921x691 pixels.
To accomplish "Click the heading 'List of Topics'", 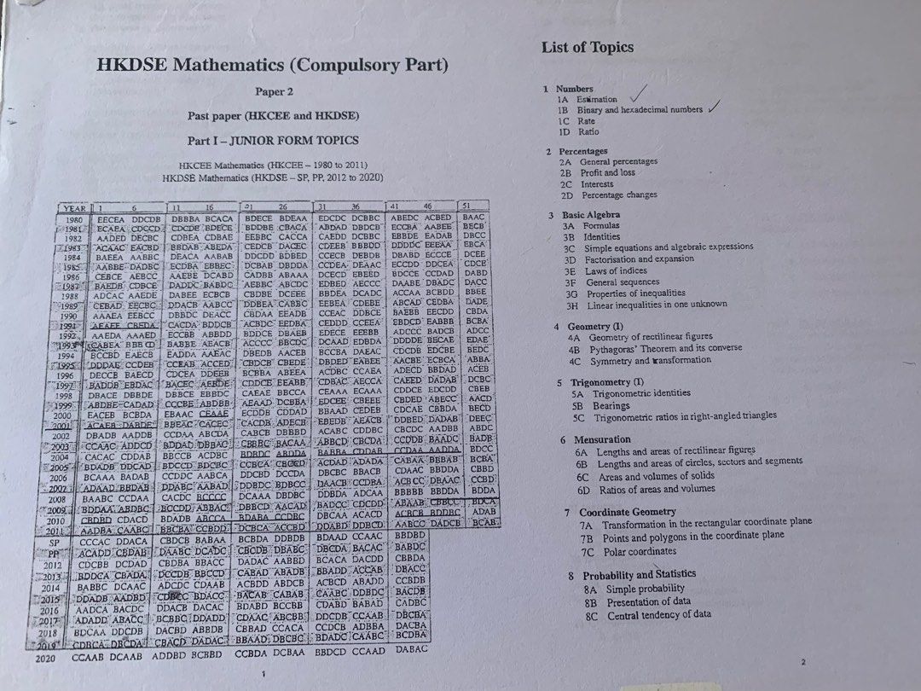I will tap(587, 47).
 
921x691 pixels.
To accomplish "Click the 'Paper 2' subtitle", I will tap(274, 91).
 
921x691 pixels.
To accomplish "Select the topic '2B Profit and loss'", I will tap(609, 172).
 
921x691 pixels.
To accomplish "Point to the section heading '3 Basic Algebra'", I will tap(584, 215).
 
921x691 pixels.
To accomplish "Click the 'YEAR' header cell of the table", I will tap(76, 207).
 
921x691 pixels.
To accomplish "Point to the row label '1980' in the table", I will tap(73, 219).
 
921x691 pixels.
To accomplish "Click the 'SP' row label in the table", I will tap(53, 541).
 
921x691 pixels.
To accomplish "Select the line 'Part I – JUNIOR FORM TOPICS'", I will tap(274, 140).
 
